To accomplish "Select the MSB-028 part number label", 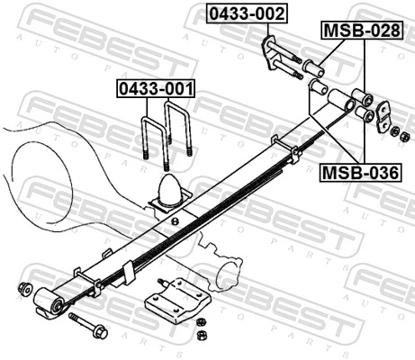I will (x=360, y=31).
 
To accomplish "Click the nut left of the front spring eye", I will (x=25, y=289).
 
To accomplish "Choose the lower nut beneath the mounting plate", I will (x=202, y=336).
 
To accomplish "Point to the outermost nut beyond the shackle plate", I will (x=405, y=137).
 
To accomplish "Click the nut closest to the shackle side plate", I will (x=395, y=132).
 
